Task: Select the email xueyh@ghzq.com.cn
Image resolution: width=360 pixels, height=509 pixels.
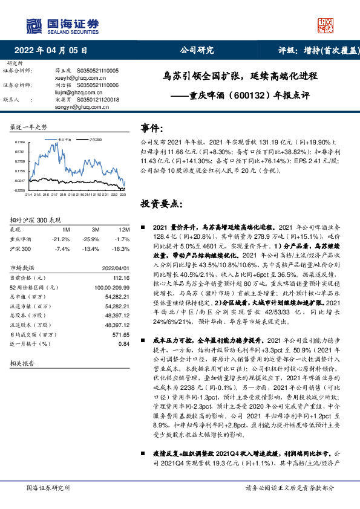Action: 75,78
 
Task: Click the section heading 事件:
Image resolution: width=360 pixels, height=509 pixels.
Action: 152,128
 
